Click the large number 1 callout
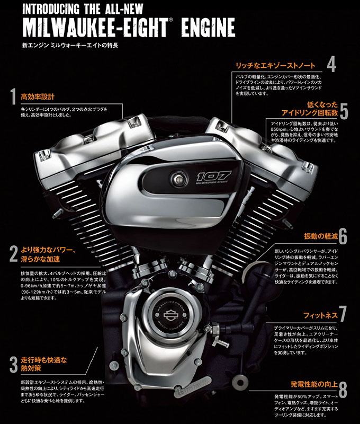(12, 97)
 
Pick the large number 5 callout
(344, 111)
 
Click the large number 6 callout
(343, 235)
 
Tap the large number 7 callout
(343, 314)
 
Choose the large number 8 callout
(343, 390)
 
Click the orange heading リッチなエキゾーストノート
(275, 66)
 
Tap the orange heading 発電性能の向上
(312, 384)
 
